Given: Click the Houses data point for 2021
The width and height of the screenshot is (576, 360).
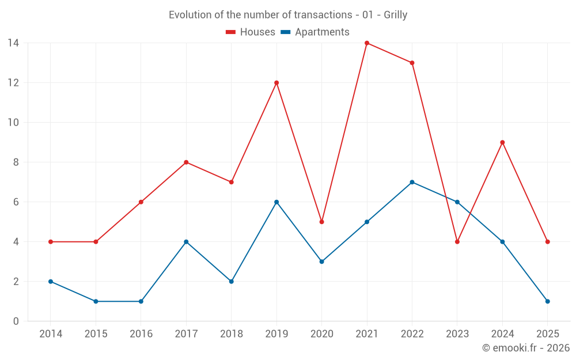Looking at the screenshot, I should [367, 43].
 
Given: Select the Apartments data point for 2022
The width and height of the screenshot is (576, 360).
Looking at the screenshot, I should [412, 182].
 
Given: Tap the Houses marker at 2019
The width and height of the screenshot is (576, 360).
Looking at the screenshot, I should [276, 83].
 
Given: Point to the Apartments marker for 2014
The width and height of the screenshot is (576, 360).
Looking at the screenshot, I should [51, 282].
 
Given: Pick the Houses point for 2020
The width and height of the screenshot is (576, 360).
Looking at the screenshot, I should [321, 222].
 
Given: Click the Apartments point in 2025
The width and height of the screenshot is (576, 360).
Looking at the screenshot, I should [547, 301].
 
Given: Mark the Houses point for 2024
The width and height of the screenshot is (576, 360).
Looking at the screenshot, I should [502, 142].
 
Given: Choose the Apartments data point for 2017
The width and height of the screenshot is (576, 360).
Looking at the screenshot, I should [186, 242].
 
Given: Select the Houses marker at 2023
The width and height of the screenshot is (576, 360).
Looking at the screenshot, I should [457, 242].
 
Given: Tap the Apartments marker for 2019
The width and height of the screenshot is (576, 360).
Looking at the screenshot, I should [276, 202].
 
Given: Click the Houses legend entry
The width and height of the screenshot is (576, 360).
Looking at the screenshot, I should [250, 32].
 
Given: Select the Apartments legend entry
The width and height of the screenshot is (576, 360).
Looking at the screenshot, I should [315, 32].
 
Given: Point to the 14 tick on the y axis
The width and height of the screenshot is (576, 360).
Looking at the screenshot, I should [13, 43].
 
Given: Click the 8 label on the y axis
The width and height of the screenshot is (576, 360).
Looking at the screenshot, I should [16, 162].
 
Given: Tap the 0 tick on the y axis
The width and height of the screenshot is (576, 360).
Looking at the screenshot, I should [16, 321].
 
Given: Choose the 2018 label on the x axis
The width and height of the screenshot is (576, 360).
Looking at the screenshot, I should [231, 334].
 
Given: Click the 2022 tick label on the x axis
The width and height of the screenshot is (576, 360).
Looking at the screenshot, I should [412, 334].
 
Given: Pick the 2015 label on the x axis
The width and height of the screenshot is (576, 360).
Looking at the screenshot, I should [96, 334].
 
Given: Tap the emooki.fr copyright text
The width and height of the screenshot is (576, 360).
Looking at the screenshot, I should [525, 348].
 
